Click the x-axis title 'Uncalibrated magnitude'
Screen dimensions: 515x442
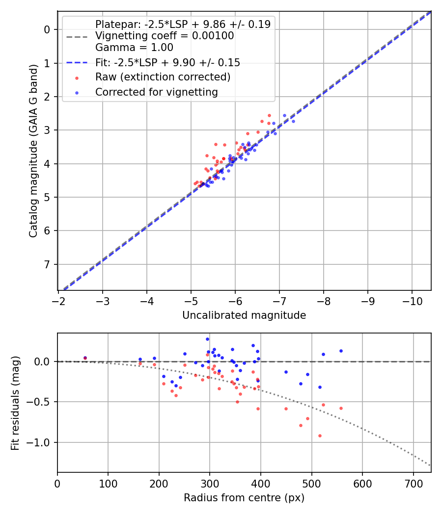(x=244, y=315)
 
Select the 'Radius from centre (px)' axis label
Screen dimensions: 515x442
(x=244, y=498)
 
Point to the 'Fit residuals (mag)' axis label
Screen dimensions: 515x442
(x=15, y=403)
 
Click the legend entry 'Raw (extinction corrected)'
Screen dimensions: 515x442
(x=163, y=77)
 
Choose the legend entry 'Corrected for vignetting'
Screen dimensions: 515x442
(x=156, y=92)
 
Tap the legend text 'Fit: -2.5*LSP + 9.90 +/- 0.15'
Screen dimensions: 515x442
(x=167, y=62)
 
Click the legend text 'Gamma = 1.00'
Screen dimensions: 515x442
(x=134, y=48)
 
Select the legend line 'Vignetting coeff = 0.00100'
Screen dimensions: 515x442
(x=165, y=36)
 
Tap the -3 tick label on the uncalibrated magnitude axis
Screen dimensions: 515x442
(x=103, y=300)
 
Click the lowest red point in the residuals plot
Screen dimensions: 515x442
(x=320, y=436)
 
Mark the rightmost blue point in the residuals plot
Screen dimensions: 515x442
(x=341, y=351)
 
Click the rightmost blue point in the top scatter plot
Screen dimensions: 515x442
(x=293, y=121)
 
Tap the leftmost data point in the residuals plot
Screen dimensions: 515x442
(x=85, y=358)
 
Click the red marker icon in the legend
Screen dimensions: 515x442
(x=76, y=77)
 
